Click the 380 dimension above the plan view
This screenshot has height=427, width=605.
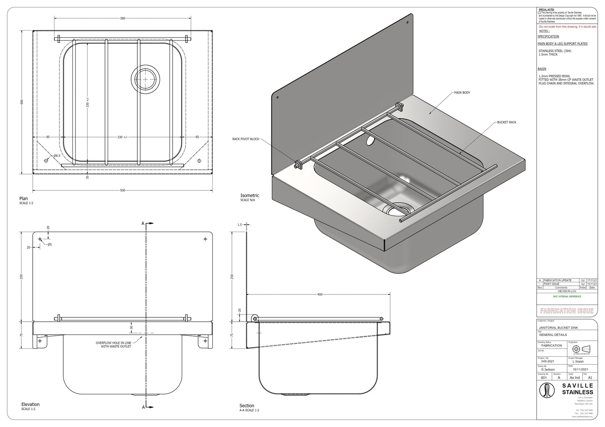coord(123,18)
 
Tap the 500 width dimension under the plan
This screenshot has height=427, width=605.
coord(123,190)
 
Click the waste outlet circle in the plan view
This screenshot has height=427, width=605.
coord(145,78)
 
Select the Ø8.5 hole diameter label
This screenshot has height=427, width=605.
coord(57,156)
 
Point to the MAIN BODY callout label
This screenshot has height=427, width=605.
coord(462,92)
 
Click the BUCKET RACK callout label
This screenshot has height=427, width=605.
coord(507,122)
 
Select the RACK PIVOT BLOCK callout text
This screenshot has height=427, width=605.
coord(246,139)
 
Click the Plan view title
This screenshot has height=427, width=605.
coord(24,199)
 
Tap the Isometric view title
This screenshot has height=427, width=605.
coord(250,195)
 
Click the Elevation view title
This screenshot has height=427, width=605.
coord(30,404)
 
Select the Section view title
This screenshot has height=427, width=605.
coord(247,406)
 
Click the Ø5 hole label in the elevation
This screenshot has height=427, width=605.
coord(49,244)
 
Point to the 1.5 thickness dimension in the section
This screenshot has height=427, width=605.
coord(239,225)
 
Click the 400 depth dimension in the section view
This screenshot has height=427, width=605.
coord(320,294)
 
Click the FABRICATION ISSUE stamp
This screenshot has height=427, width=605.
coord(566,311)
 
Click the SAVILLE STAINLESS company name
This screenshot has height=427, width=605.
coord(577,389)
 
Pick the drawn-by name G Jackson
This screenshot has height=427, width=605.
coord(548,370)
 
